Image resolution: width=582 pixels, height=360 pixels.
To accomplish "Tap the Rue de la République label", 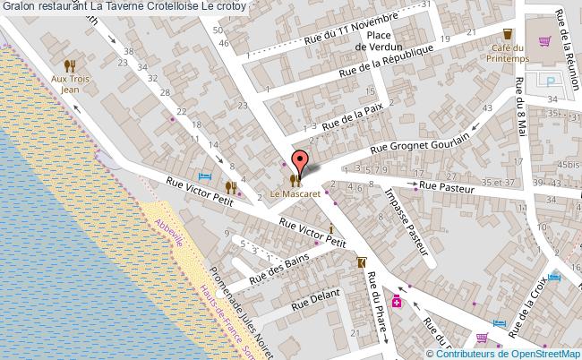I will tap(390, 61).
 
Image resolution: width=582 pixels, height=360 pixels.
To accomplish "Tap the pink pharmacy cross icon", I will tap(396, 304).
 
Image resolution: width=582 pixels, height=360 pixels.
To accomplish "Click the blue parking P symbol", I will tap(552, 80).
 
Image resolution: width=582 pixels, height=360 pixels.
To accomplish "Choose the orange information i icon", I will tap(332, 227).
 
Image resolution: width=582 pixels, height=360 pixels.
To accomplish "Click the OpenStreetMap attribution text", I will tap(512, 354).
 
